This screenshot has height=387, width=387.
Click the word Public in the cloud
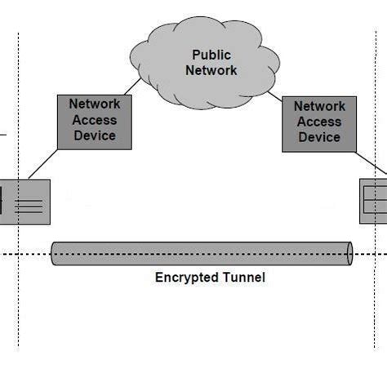coord(211,56)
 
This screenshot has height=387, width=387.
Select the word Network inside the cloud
coord(211,70)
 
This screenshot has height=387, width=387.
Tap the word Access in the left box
coord(95,120)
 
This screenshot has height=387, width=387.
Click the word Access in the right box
coord(319,122)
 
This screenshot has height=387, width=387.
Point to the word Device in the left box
coord(95,135)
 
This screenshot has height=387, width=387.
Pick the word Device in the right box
coord(319,136)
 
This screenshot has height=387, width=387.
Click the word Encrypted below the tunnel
coord(187,278)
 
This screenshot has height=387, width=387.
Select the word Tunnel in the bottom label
coord(243,278)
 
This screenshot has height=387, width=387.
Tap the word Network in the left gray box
coord(95,105)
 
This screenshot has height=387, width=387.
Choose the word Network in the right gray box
coord(319,106)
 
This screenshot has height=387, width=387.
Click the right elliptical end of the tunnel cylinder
coord(349,253)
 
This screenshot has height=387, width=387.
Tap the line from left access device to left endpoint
coord(42,164)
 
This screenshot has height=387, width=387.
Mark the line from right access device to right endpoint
coord(369,163)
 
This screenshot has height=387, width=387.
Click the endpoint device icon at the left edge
coord(24,201)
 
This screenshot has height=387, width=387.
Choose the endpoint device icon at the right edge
coord(373,202)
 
